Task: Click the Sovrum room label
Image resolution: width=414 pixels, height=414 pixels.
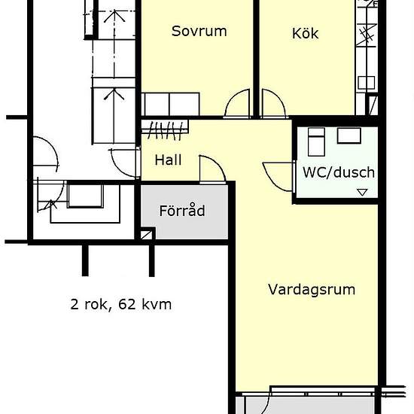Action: tap(199, 31)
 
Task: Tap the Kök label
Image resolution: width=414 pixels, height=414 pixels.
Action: tap(305, 33)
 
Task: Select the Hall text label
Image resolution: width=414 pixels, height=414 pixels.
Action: tap(168, 160)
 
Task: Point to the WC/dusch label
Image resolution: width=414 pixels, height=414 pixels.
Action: tap(339, 172)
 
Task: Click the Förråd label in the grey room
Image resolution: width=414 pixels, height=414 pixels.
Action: tap(182, 211)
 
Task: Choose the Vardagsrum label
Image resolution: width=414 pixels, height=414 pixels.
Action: tap(312, 290)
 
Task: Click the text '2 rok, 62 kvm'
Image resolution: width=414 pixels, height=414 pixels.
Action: tap(121, 304)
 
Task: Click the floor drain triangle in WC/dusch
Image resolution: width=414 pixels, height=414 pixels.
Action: tap(362, 192)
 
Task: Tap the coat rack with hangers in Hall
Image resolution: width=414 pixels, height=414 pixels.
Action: tap(165, 129)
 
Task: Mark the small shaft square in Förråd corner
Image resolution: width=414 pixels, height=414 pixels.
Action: tap(147, 235)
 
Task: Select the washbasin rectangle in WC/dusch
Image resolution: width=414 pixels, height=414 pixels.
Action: tap(349, 135)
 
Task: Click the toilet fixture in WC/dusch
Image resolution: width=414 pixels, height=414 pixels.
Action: tap(316, 142)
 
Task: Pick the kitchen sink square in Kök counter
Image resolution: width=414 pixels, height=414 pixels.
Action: tap(367, 83)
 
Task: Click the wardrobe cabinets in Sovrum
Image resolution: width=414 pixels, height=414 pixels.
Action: tap(170, 105)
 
